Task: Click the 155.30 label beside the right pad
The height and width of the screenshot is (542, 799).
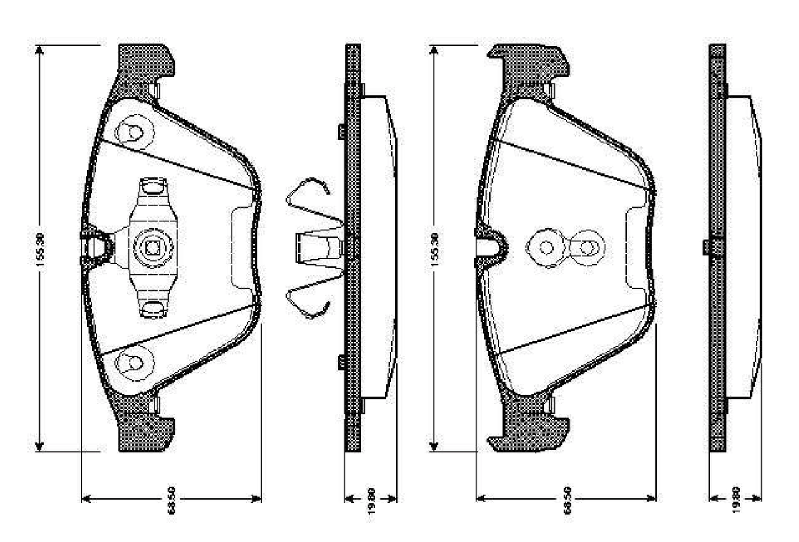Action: click(435, 249)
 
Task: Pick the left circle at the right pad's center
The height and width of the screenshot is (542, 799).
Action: click(546, 247)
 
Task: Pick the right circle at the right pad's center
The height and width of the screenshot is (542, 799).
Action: click(586, 247)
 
